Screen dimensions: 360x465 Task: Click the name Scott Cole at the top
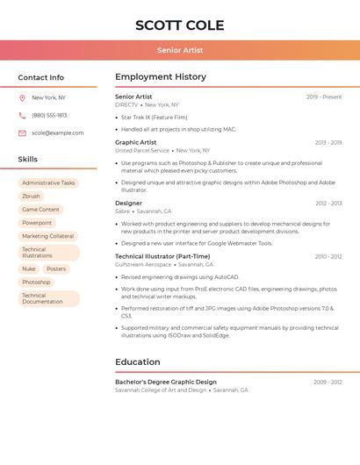(179, 25)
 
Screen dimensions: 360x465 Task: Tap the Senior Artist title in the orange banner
(179, 51)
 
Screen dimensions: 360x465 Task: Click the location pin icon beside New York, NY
(22, 98)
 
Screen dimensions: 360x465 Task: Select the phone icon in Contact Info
(22, 116)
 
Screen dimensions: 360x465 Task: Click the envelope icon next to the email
(22, 133)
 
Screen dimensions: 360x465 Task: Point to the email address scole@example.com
(58, 133)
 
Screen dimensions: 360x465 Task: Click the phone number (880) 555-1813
(49, 116)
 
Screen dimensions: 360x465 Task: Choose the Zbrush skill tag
(32, 197)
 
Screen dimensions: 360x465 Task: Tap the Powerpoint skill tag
(37, 223)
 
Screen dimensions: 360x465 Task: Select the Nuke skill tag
(29, 269)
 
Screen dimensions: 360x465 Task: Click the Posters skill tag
(56, 269)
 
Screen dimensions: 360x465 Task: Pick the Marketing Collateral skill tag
(48, 236)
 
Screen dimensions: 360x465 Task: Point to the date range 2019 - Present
(324, 97)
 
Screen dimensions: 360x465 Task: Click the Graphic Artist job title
(136, 142)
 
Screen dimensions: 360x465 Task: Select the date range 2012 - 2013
(328, 204)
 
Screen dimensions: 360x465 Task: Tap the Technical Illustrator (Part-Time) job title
(162, 256)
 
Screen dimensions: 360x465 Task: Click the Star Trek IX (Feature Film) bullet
(154, 117)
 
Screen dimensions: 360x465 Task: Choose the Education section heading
(138, 361)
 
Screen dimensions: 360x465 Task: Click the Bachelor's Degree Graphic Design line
(166, 383)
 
